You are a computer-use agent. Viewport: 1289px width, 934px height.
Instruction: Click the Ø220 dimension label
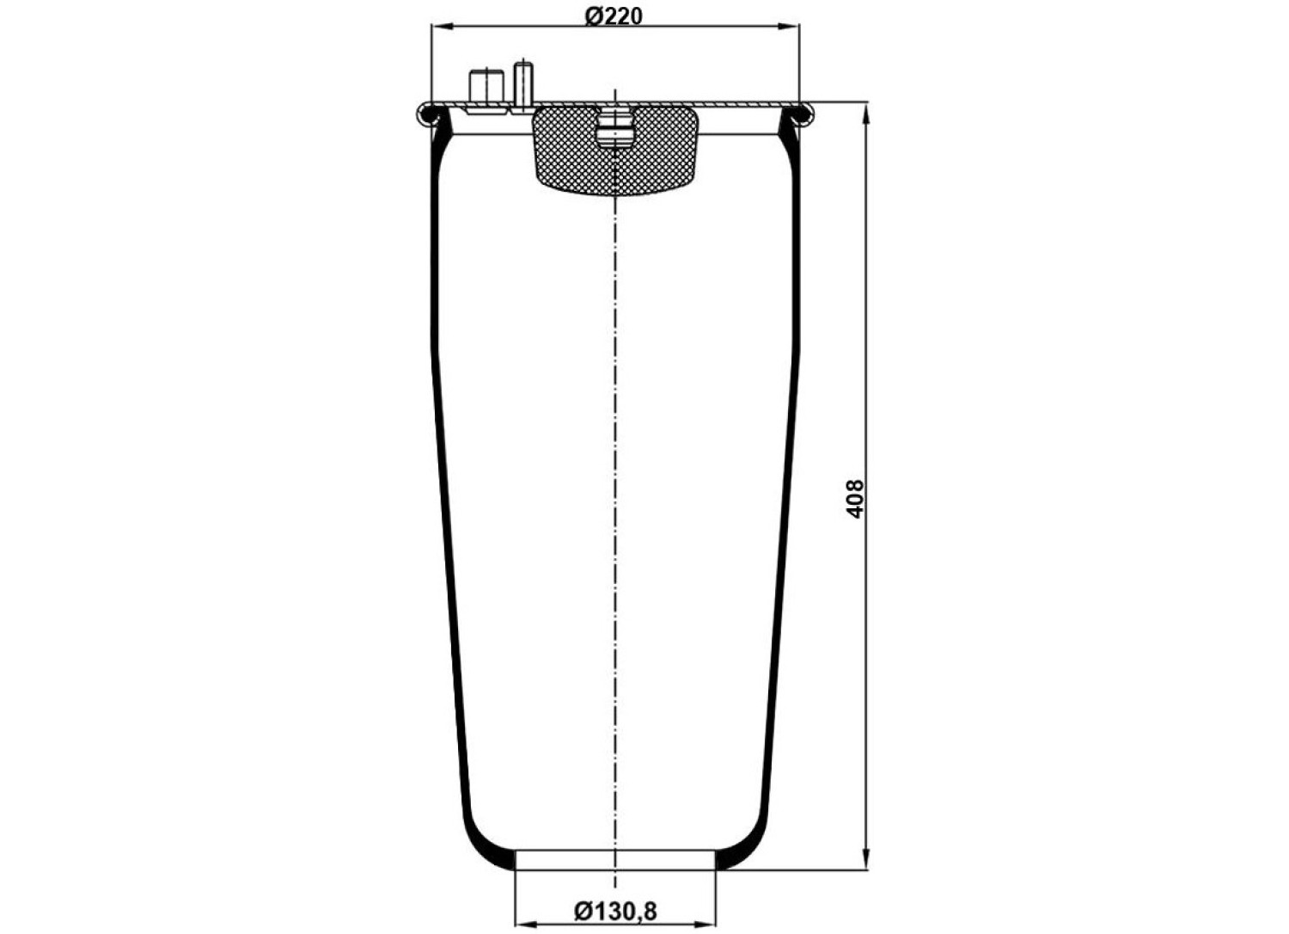click(x=614, y=17)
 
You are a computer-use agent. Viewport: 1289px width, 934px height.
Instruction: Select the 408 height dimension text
click(x=856, y=499)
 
